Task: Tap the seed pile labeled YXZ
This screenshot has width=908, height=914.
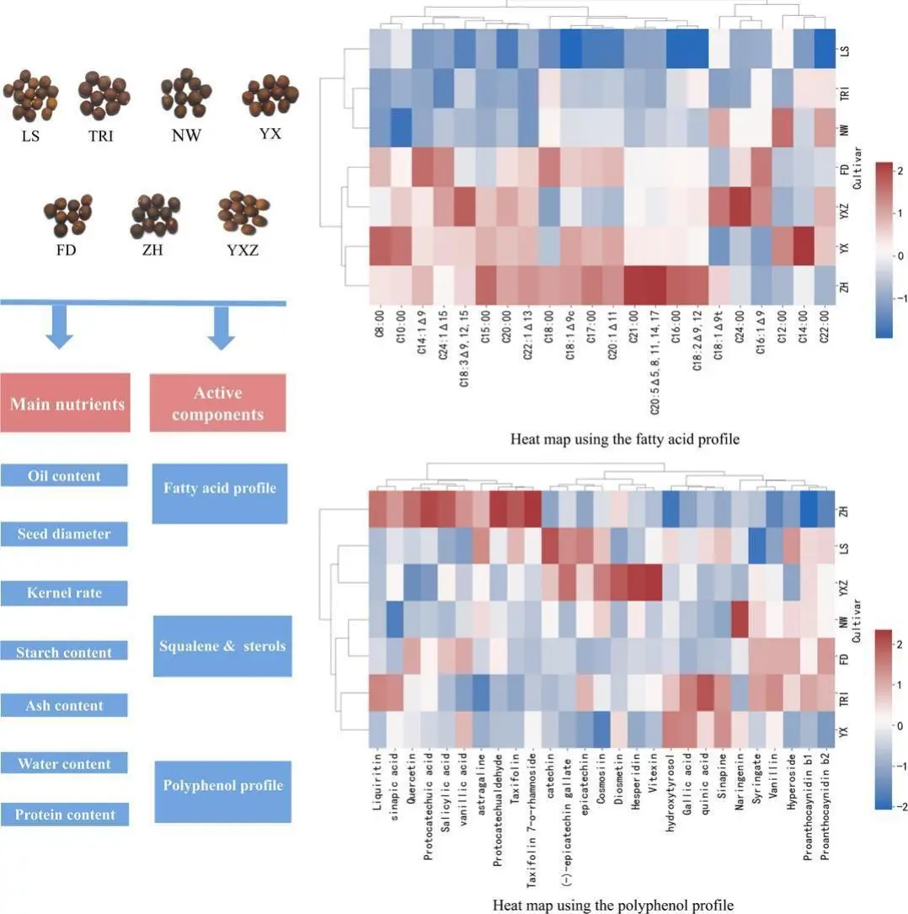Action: [x=243, y=213]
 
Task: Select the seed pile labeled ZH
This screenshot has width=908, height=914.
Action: [x=154, y=216]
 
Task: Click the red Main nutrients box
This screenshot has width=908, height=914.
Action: [x=65, y=403]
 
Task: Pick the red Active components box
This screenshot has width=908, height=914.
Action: [x=217, y=403]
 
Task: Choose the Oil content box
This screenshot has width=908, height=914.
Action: [x=64, y=476]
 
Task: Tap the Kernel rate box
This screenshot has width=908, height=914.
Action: [x=64, y=593]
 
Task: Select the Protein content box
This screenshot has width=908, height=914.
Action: [x=65, y=815]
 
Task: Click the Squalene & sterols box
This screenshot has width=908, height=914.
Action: [x=222, y=646]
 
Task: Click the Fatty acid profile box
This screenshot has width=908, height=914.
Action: [x=220, y=493]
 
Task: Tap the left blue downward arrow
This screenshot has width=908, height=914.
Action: [x=60, y=327]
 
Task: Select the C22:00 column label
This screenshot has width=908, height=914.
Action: [x=824, y=327]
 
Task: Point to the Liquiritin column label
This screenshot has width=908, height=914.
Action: [x=377, y=782]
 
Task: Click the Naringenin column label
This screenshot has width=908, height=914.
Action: [x=739, y=782]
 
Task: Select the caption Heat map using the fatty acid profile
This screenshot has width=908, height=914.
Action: [x=625, y=439]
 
